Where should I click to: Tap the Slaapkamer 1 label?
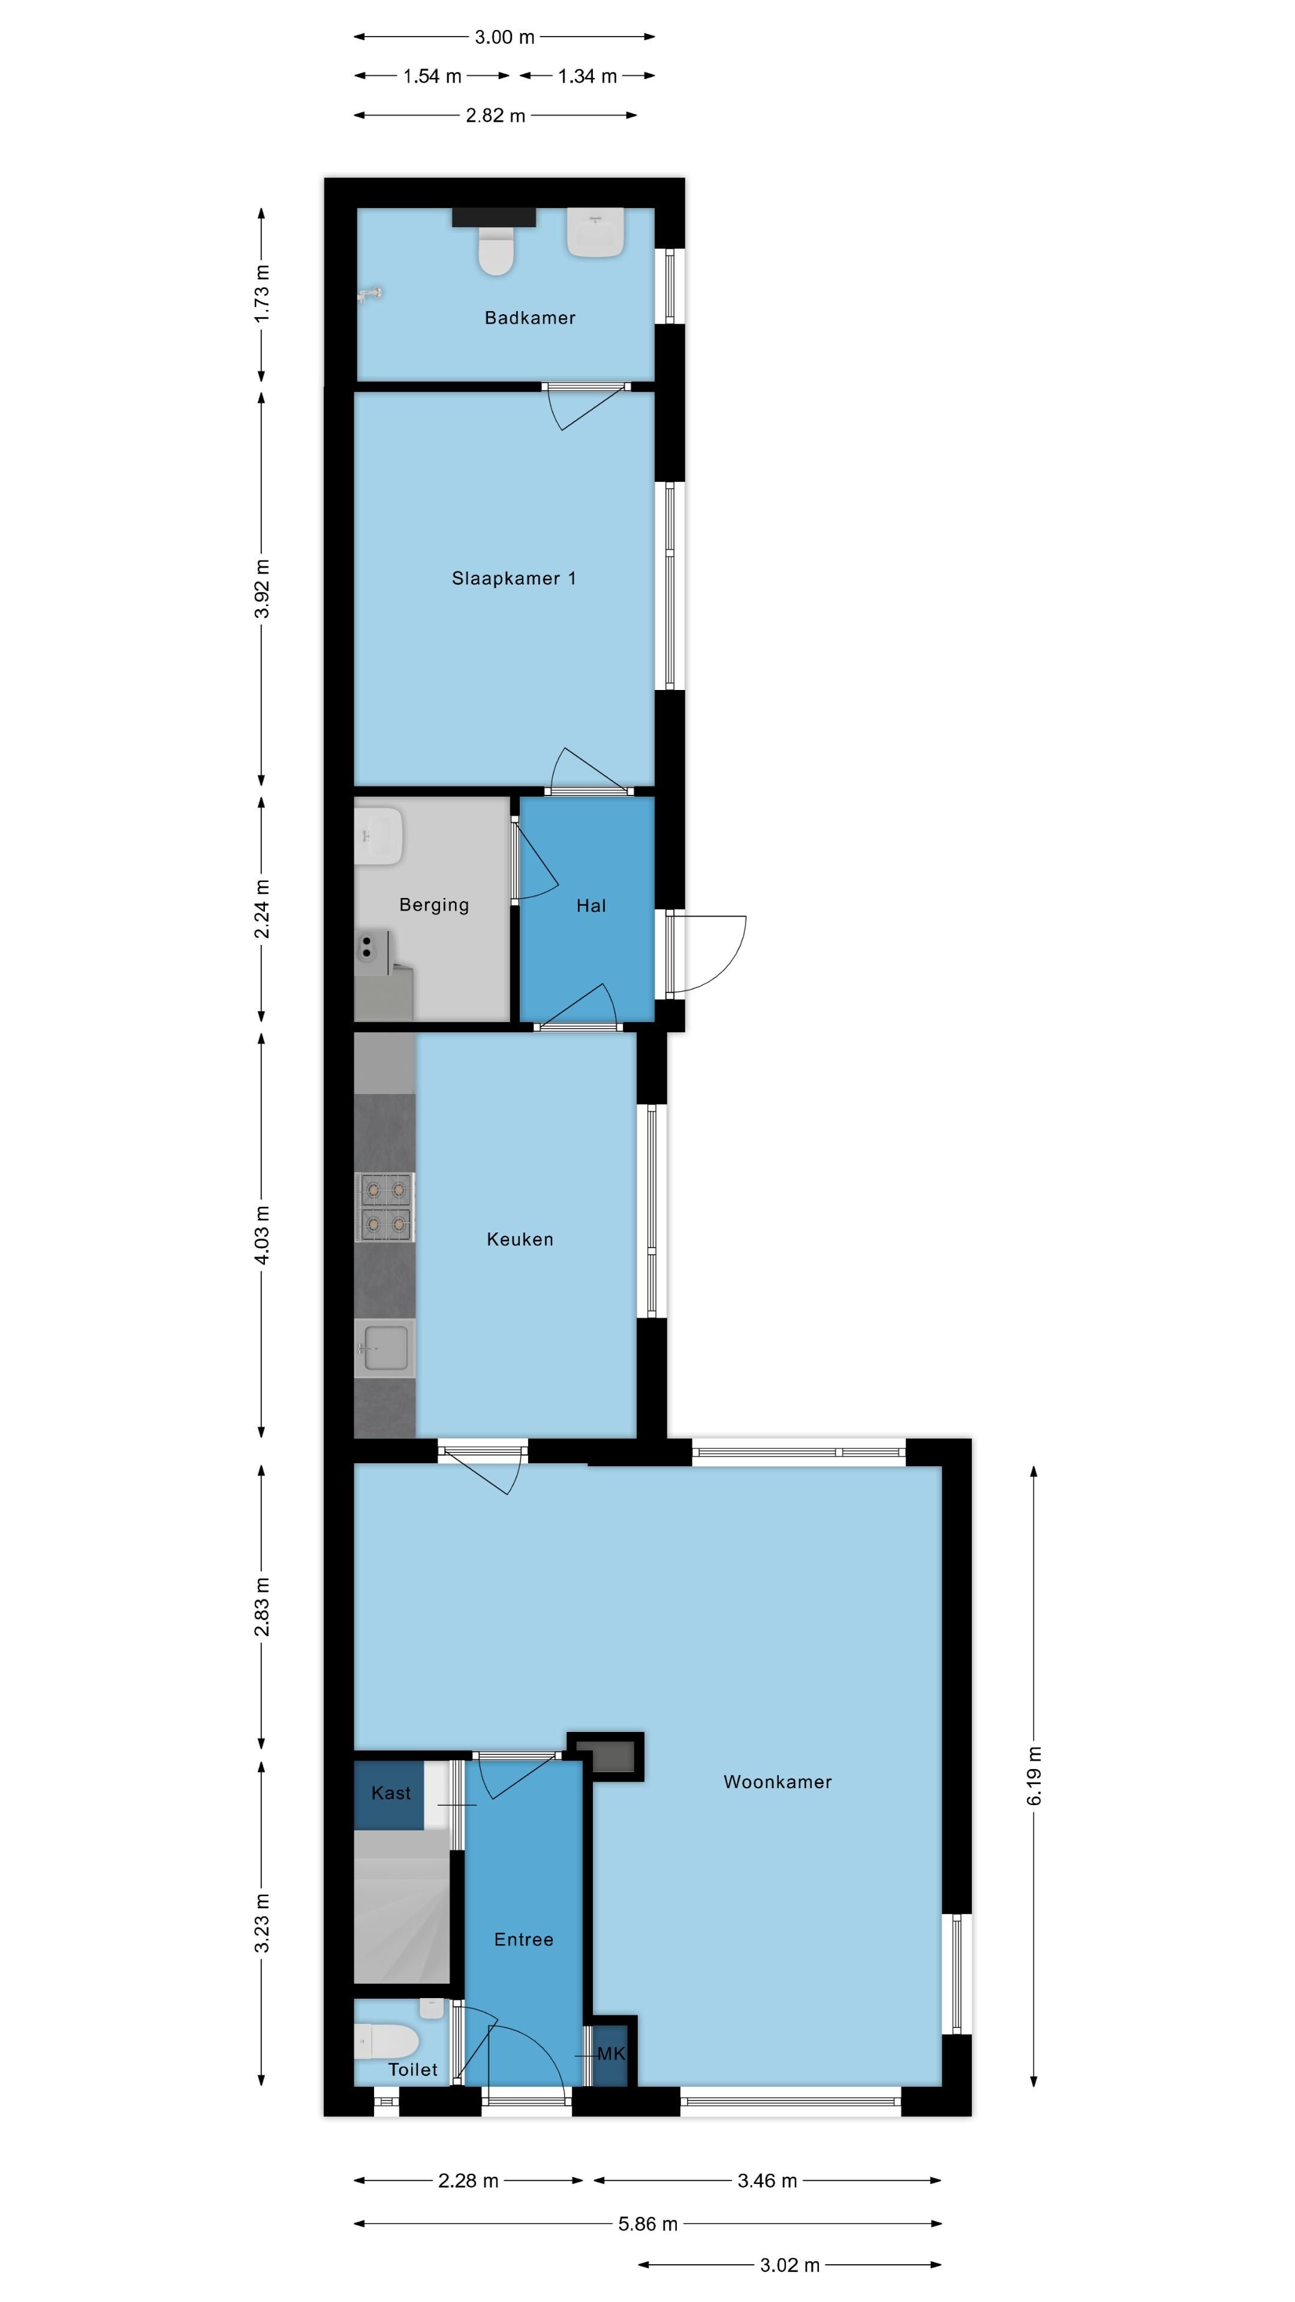[x=513, y=578]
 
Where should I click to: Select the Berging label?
[x=433, y=905]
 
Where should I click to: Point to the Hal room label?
[x=591, y=905]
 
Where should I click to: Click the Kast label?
[x=390, y=1792]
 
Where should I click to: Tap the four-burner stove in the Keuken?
[x=385, y=1206]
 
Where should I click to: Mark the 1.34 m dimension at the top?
[x=586, y=76]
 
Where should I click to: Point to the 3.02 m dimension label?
[x=789, y=2264]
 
